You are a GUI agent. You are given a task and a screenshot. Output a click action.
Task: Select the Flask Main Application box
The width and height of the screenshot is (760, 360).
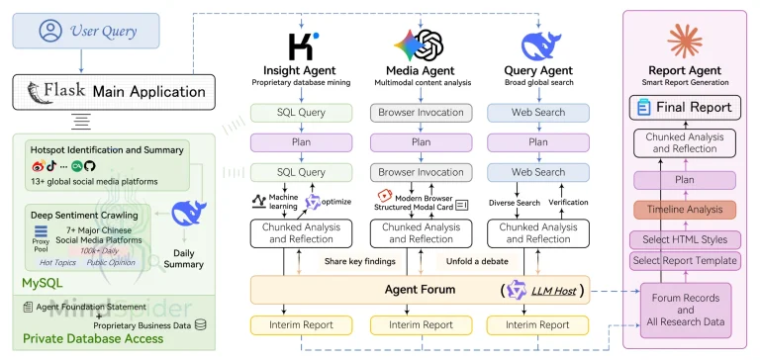click(104, 92)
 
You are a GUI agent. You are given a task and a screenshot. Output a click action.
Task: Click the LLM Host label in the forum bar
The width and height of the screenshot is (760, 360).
click(549, 290)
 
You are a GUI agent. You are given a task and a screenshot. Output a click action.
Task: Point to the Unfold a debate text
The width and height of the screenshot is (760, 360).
click(471, 262)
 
